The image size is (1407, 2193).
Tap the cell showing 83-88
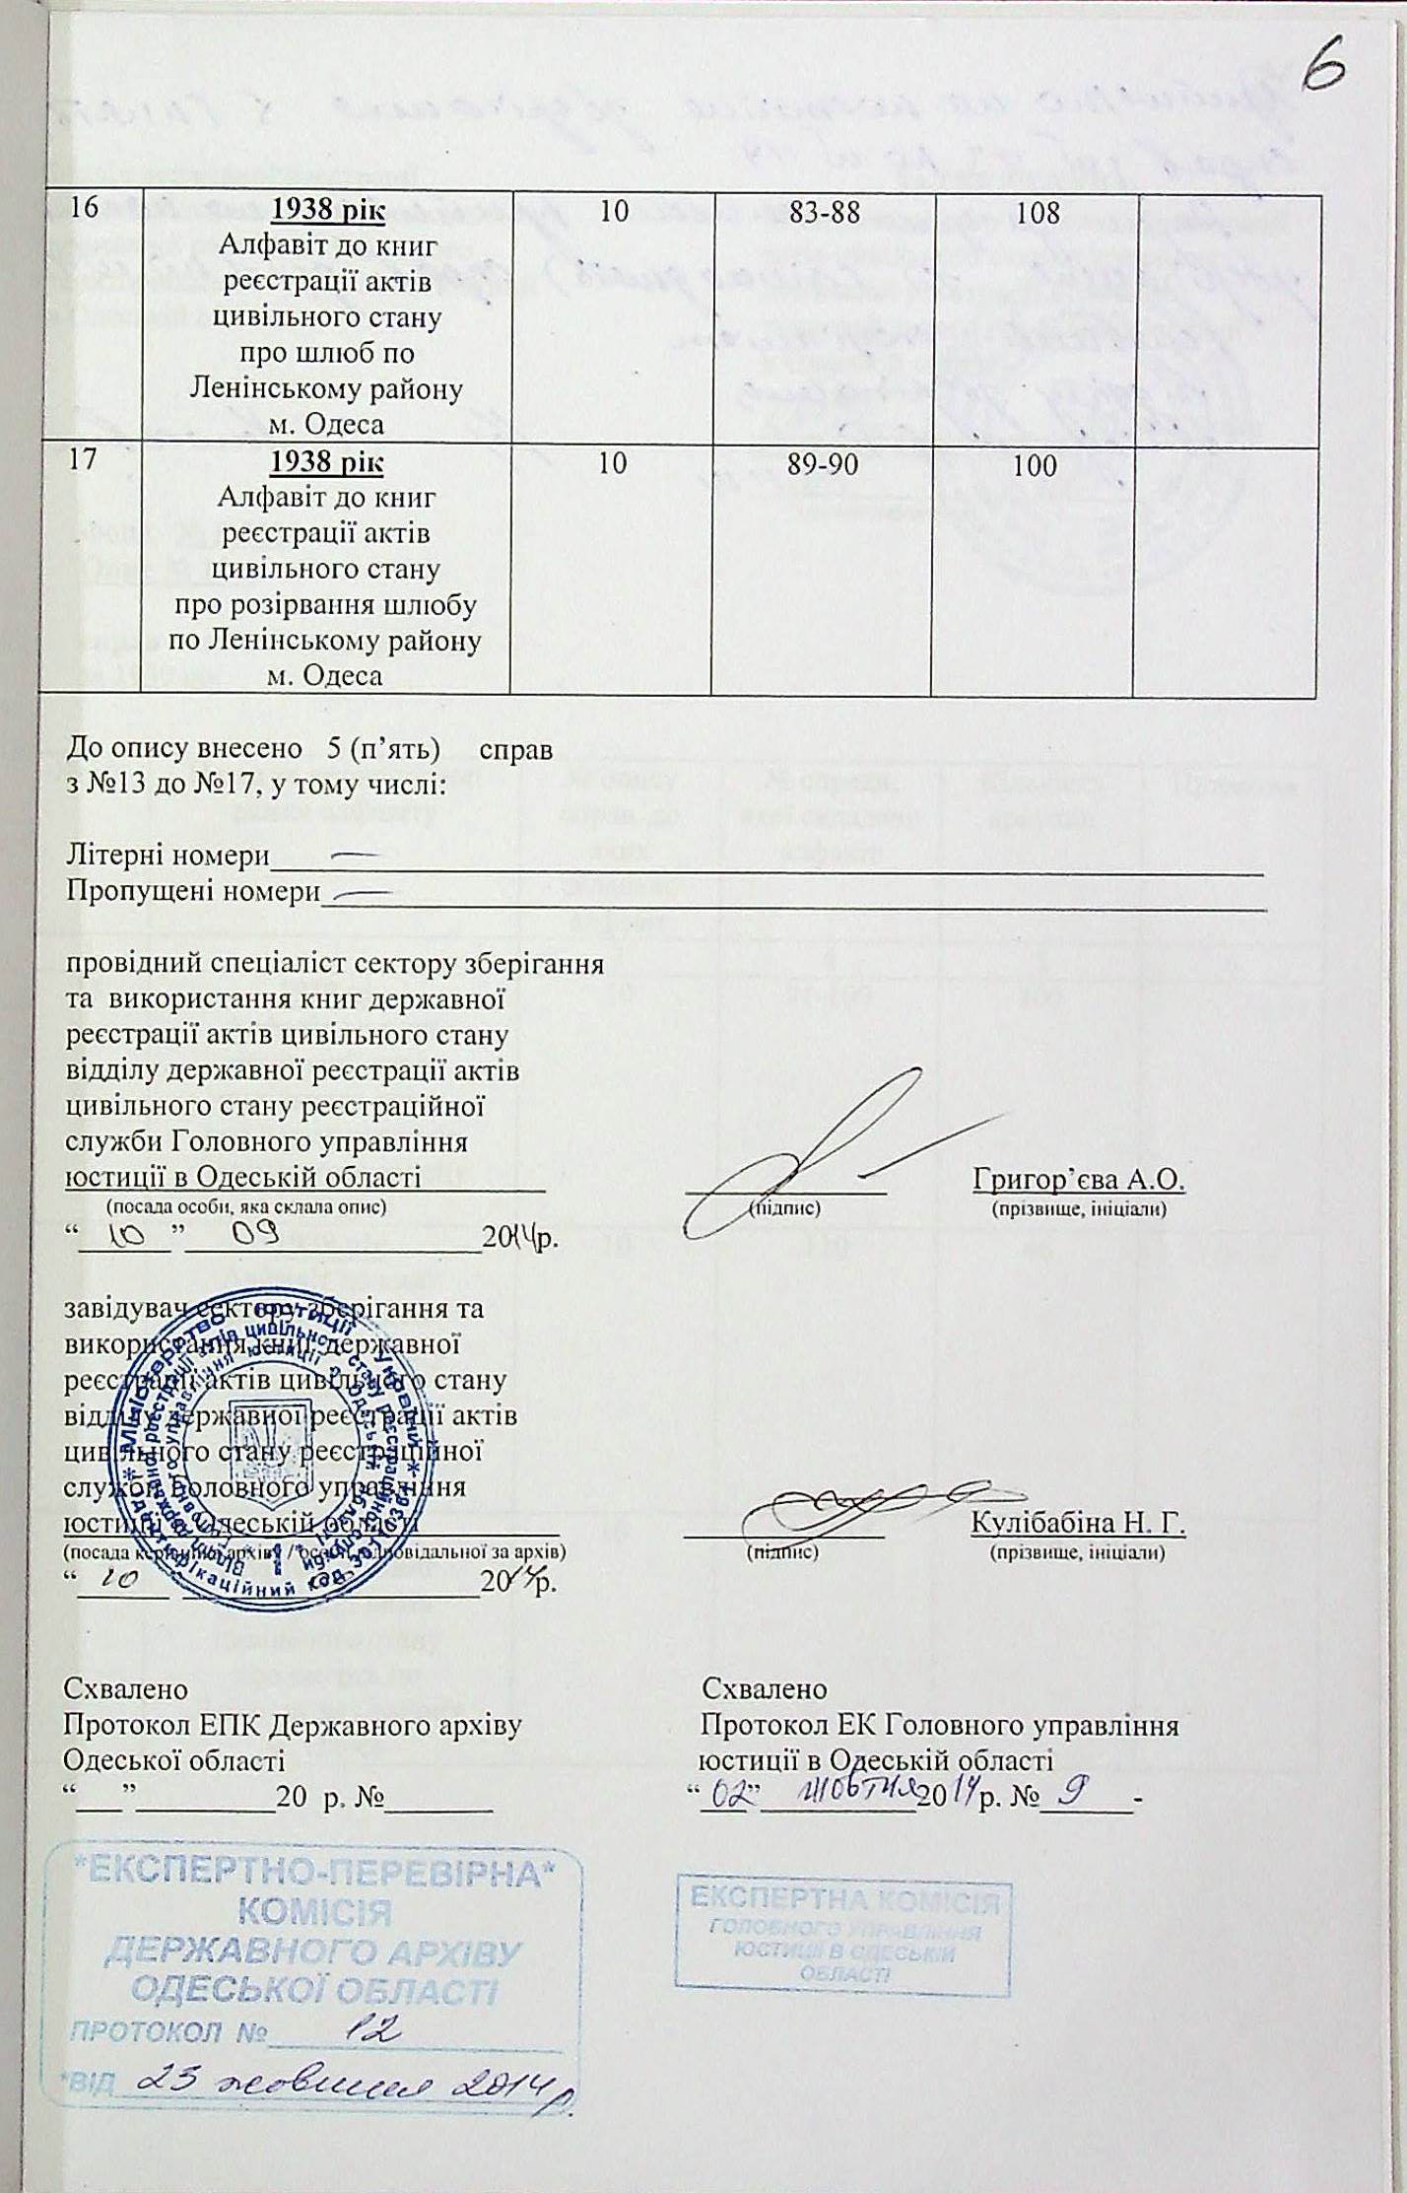coord(825,212)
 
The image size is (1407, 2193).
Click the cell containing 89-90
coord(825,464)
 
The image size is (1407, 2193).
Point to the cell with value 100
coord(1035,465)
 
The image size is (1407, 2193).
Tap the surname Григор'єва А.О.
coord(1078,1179)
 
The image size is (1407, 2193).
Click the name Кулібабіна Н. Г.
coord(1078,1523)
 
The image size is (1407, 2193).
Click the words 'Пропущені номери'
coord(192,893)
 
